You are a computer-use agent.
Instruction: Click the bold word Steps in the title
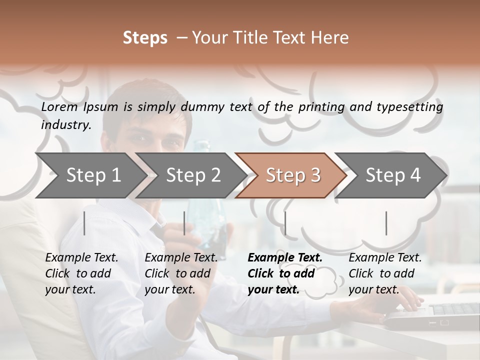(145, 38)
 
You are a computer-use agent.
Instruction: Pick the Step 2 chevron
(193, 175)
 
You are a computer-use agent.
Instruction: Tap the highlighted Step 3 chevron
(293, 175)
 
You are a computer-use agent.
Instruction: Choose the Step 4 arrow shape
(393, 175)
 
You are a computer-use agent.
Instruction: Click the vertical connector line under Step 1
(84, 223)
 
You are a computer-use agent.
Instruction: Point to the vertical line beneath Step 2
(184, 223)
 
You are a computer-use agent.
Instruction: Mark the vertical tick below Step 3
(285, 223)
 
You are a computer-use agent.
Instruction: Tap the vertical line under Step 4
(386, 223)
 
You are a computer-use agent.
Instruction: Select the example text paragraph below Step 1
(81, 273)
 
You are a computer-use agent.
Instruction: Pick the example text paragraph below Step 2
(181, 273)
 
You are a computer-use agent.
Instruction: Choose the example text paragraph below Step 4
(385, 273)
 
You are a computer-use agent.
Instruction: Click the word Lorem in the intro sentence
(59, 106)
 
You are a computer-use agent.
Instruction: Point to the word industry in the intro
(66, 124)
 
